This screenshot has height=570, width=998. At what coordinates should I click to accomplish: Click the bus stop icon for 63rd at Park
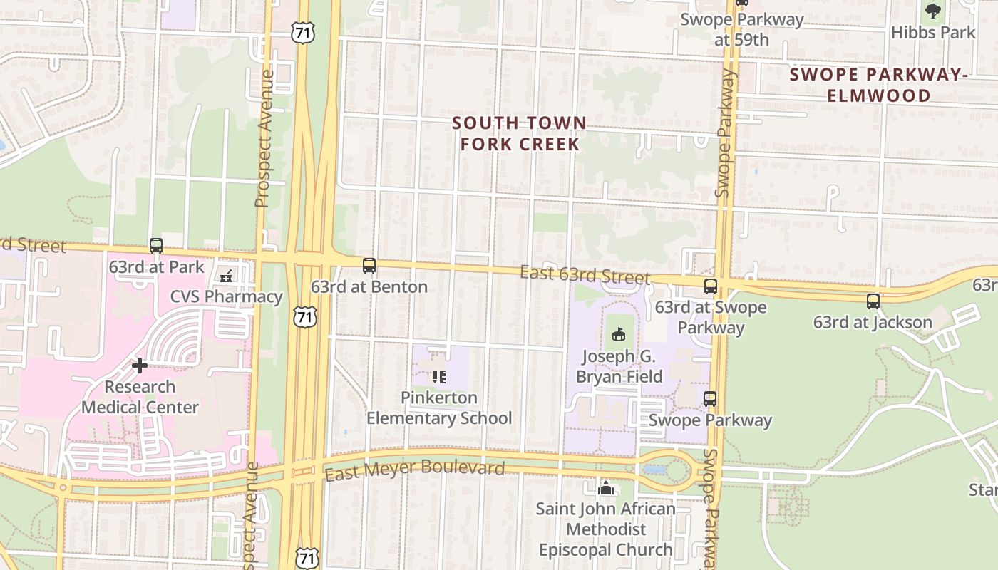click(156, 246)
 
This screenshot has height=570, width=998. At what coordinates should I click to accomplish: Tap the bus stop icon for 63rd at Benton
click(369, 266)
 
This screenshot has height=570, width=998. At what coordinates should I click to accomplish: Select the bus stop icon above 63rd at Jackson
click(873, 301)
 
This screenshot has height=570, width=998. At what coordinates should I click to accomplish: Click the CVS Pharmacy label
click(226, 296)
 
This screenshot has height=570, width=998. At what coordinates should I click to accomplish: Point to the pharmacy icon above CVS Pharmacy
click(227, 276)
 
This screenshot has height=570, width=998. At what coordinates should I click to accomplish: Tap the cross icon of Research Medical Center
click(140, 366)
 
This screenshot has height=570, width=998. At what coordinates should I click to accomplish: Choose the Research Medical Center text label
click(140, 397)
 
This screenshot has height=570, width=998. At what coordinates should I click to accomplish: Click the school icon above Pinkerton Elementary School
click(439, 376)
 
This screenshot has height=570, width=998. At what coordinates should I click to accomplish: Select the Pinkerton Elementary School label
click(439, 408)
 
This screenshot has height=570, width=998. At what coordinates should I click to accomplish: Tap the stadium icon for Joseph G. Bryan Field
click(618, 334)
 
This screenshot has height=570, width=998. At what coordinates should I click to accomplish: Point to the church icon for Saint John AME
click(606, 488)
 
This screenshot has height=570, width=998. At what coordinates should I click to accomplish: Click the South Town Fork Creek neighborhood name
click(520, 133)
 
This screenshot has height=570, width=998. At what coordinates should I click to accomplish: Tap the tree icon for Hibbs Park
click(933, 11)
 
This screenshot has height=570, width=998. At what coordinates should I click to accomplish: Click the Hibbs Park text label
click(933, 33)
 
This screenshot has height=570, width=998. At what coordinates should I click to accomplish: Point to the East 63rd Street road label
click(585, 275)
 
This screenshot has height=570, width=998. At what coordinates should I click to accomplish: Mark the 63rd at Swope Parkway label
click(711, 317)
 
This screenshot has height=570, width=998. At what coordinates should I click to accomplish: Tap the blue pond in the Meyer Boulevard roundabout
click(654, 470)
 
